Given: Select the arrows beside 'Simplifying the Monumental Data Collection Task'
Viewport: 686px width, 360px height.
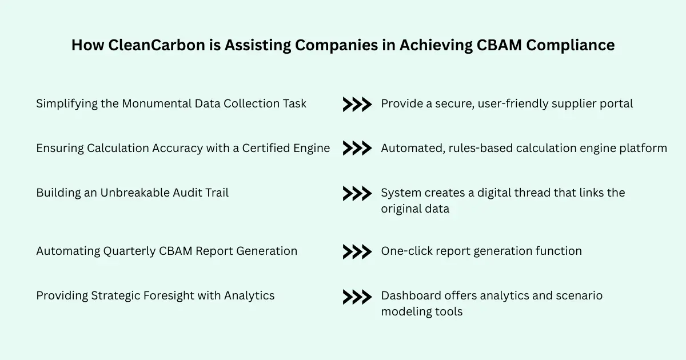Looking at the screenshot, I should click(x=357, y=104).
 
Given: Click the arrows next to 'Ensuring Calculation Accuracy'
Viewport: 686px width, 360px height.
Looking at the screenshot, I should click(x=357, y=149).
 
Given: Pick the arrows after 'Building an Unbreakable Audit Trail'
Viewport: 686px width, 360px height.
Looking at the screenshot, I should click(x=357, y=193).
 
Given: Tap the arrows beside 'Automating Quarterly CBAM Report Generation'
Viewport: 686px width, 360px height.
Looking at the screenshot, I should click(x=357, y=251).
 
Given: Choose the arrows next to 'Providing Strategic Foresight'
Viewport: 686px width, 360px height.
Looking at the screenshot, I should click(x=357, y=297).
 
